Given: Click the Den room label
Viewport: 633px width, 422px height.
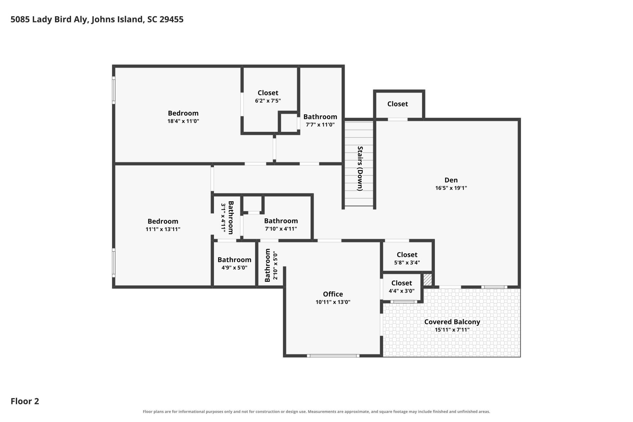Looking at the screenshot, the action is coord(451,180).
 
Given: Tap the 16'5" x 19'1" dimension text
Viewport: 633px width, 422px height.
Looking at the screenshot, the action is coord(451,188).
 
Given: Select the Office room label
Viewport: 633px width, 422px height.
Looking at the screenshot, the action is coord(333,294).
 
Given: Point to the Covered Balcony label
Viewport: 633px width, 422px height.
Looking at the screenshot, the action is coord(452,322).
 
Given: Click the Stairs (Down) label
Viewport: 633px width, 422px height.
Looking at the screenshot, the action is coord(360,168).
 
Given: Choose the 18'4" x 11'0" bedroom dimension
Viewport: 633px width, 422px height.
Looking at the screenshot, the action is coord(183,121).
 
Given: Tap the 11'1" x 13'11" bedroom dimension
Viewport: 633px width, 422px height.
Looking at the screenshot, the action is coord(163,229).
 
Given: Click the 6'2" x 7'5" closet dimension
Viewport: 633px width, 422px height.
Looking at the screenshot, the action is coord(268,101).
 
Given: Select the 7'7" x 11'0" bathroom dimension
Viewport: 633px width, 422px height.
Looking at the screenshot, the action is coord(320,125).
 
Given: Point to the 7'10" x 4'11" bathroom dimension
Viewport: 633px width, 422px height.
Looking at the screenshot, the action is coord(281,229).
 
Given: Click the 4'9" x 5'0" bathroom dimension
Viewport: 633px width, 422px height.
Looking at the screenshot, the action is coord(234,268).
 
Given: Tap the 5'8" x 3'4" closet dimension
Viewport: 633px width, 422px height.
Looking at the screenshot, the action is coord(407,263).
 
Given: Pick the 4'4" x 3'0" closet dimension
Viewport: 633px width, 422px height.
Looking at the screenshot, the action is coord(402,291).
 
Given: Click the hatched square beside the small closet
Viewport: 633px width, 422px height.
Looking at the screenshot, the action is coord(428,280).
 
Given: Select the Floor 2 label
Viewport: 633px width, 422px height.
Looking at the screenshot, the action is coord(25,401).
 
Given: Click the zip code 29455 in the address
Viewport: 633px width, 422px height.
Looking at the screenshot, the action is coord(171,19).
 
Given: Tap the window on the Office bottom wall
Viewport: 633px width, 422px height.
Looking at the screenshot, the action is coord(333,356).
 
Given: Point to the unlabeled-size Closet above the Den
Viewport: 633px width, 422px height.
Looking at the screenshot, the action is coord(398,104).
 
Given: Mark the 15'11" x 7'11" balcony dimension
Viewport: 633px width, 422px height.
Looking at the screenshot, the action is coord(452,330).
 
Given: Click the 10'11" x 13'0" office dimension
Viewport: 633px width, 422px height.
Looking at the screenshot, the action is coord(333,302).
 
